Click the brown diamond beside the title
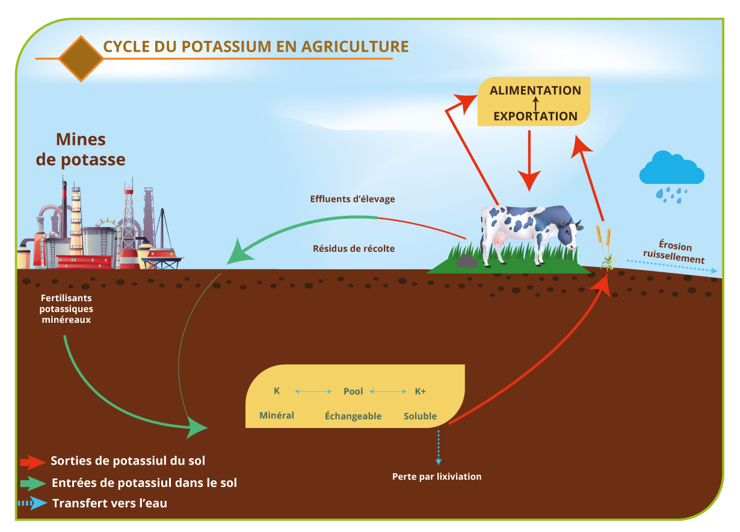coord(81,58)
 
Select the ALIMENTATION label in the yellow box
coord(535,90)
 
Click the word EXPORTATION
coord(535,116)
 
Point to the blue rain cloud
coord(671,168)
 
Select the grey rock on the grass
coord(466,261)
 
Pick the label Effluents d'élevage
coord(353,199)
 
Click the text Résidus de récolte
coord(354,248)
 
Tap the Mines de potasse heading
coord(81,150)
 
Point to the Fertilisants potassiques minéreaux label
coord(66,309)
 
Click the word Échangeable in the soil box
coord(353,416)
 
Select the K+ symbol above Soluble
coord(420,391)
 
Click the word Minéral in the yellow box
coord(277,415)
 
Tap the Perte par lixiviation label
coord(437,477)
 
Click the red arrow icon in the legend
coord(32,462)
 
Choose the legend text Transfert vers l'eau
coord(109,503)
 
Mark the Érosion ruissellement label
coord(674,252)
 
